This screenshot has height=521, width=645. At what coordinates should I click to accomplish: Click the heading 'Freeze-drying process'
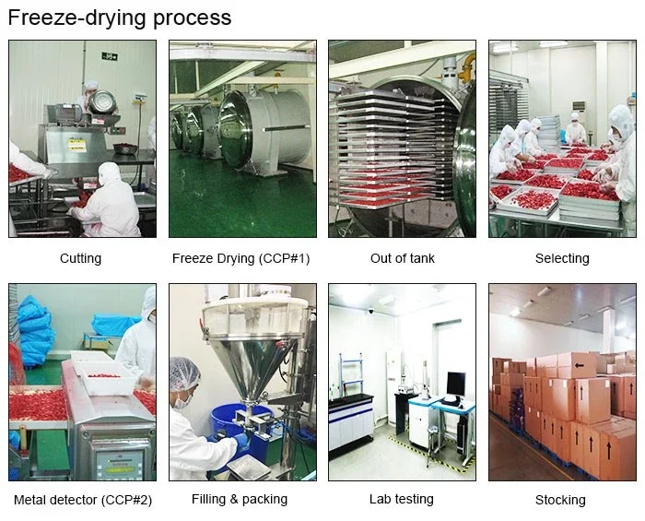click(x=120, y=18)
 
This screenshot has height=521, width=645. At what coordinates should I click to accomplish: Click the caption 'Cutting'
click(x=80, y=258)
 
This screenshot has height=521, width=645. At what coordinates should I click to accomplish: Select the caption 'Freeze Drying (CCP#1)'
click(x=240, y=258)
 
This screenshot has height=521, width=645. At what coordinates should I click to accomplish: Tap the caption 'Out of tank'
click(x=402, y=258)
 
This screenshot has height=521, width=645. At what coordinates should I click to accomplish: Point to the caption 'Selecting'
click(x=561, y=258)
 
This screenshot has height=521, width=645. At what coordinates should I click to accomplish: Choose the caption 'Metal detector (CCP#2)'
click(x=83, y=500)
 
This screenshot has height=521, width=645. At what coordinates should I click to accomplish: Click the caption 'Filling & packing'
click(x=240, y=499)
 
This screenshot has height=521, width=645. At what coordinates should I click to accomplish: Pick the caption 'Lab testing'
click(x=401, y=499)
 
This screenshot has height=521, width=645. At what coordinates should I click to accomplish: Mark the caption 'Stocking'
click(x=560, y=500)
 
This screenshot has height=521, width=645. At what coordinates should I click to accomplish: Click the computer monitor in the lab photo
click(x=455, y=385)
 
